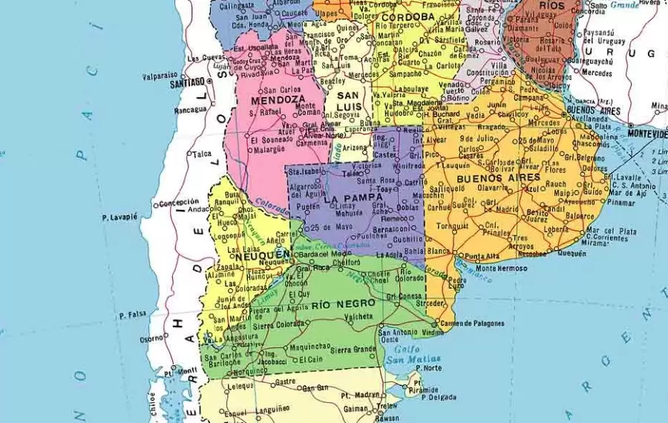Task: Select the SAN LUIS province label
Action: [350, 101]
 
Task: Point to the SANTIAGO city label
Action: [186, 84]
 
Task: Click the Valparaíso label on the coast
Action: [160, 75]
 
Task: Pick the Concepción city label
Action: [178, 202]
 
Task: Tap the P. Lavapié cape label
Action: [120, 217]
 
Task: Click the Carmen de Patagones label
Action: [472, 323]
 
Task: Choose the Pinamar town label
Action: [620, 202]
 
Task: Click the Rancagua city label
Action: [190, 110]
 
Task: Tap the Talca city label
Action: [202, 154]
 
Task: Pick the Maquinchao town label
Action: [310, 345]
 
